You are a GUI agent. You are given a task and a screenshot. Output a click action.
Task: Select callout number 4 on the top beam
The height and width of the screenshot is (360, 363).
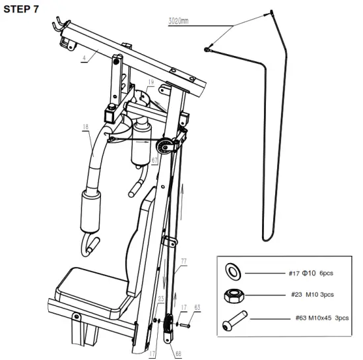coord(85,58)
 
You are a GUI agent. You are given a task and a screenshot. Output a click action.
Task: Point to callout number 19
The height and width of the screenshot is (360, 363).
coord(151,83)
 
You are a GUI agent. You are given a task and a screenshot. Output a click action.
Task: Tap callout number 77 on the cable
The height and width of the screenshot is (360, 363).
coord(184,262)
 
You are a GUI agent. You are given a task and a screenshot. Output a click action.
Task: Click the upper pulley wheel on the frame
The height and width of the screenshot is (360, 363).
coord(167,146)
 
